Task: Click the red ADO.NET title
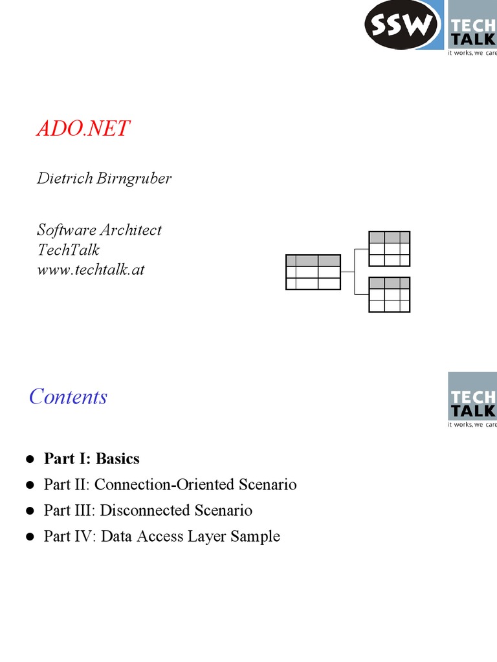click(x=83, y=129)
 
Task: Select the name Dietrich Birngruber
click(x=104, y=178)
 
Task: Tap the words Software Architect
click(x=99, y=230)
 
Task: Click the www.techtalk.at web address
click(x=91, y=269)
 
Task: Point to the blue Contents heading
click(x=68, y=396)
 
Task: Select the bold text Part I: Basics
click(x=91, y=459)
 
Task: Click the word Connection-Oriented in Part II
click(x=169, y=485)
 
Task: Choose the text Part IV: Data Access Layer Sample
click(x=162, y=537)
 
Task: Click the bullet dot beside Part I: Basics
click(x=30, y=459)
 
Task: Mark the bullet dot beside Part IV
click(x=30, y=537)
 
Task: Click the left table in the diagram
click(x=313, y=272)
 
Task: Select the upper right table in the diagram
click(x=389, y=248)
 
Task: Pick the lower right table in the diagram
click(x=389, y=295)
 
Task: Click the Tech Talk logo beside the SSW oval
click(x=472, y=29)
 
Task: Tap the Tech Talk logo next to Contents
click(x=472, y=401)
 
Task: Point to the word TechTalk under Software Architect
click(x=68, y=250)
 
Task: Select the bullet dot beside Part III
click(x=30, y=511)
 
